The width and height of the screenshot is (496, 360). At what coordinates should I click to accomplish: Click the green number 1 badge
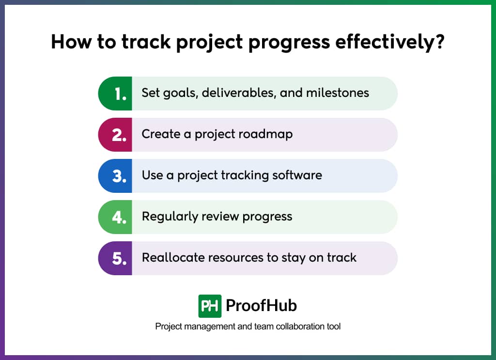(116, 94)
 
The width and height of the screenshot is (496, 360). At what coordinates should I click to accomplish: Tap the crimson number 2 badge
(116, 135)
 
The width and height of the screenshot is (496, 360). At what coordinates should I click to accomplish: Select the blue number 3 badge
(116, 176)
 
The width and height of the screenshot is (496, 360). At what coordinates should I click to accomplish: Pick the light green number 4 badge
(116, 217)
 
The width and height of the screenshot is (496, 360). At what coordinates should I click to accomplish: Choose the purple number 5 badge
(116, 258)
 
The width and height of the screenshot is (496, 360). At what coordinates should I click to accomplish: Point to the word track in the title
(146, 42)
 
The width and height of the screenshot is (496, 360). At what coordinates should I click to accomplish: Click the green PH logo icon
(210, 306)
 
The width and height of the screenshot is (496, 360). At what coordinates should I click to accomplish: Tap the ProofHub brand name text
(261, 306)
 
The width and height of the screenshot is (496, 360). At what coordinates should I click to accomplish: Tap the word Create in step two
(158, 134)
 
